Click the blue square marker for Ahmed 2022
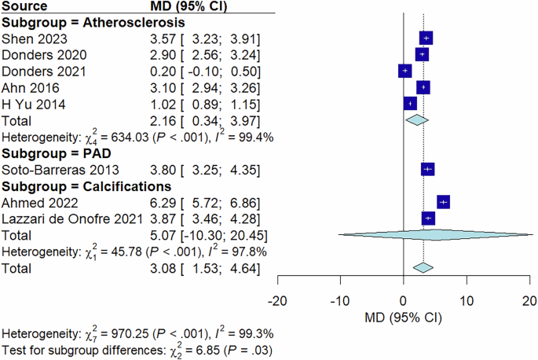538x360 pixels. click(x=443, y=202)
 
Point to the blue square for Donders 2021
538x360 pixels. click(x=404, y=71)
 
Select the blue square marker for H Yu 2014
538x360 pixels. click(x=409, y=104)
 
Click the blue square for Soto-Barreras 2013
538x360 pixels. click(x=427, y=169)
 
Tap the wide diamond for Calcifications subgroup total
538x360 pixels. click(x=435, y=234)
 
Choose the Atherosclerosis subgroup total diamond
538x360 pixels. click(x=416, y=120)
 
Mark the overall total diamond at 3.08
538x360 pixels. click(x=423, y=268)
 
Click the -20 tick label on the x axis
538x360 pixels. click(x=276, y=300)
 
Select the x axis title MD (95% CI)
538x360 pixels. click(x=403, y=318)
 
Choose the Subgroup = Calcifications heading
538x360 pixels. click(x=86, y=186)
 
